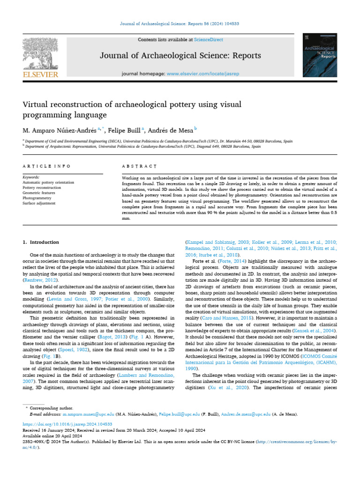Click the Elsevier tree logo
coord(41,53)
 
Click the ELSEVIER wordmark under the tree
coord(41,75)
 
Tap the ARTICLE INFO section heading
coord(47,166)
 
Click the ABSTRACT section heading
coord(139,166)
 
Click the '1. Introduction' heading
coord(41,242)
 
